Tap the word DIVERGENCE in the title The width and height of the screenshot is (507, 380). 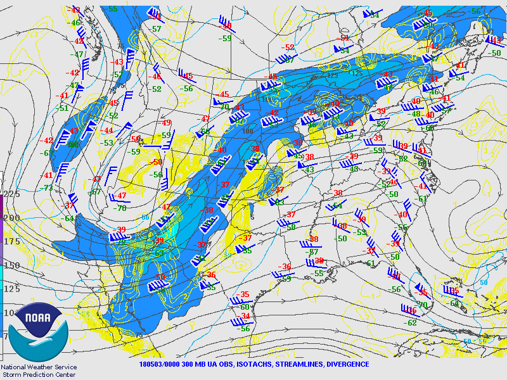(347, 364)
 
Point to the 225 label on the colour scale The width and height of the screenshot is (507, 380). (11, 194)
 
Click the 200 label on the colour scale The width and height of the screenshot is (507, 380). (11, 218)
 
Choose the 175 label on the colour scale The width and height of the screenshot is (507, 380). (11, 242)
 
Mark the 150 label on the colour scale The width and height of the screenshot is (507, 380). (11, 266)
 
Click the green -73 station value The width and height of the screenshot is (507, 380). (48, 188)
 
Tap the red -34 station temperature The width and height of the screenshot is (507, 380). (245, 316)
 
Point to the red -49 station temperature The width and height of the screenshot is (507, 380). (166, 123)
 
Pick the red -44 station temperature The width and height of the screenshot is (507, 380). (108, 130)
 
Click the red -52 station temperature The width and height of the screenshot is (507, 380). (290, 47)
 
